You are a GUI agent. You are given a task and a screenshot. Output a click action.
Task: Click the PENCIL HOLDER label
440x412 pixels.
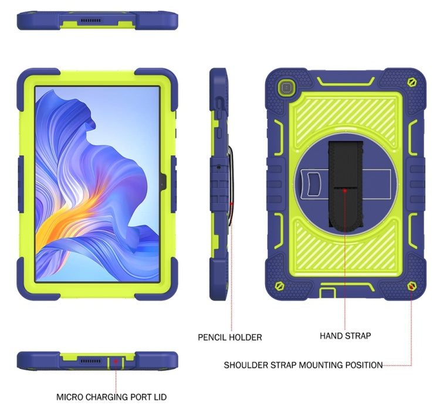pyautogui.click(x=229, y=337)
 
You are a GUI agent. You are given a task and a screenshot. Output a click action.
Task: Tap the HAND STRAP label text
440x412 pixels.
pyautogui.click(x=345, y=336)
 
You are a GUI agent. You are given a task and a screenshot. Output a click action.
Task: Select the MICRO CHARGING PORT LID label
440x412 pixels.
pyautogui.click(x=116, y=397)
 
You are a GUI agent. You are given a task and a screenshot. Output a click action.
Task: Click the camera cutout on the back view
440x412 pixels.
pyautogui.click(x=285, y=88)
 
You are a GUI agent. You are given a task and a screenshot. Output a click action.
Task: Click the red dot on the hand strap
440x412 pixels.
pyautogui.click(x=345, y=190)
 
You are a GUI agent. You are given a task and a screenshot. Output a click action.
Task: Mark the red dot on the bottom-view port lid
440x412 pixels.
pyautogui.click(x=116, y=362)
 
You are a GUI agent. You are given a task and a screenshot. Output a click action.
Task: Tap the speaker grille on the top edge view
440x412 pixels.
pyautogui.click(x=91, y=22)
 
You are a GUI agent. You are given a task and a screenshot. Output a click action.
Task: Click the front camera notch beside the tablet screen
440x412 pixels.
pyautogui.click(x=163, y=181)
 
